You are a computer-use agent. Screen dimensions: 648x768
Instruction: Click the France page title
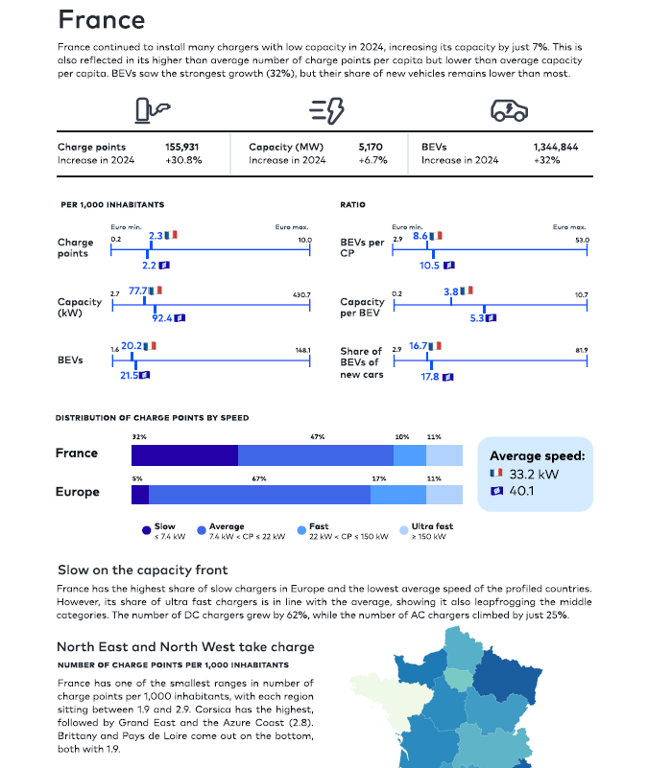tap(102, 20)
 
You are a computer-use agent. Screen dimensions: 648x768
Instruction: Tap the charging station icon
tap(152, 110)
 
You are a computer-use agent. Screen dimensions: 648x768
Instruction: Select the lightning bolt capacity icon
tap(326, 110)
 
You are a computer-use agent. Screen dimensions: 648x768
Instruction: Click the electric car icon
tap(509, 110)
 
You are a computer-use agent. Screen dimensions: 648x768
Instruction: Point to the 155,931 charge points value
tap(182, 147)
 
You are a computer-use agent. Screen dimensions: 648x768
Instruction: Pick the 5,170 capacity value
tap(371, 147)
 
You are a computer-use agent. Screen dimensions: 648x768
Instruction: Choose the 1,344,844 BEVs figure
tap(556, 147)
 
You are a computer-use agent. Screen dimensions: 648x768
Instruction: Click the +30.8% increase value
tap(183, 160)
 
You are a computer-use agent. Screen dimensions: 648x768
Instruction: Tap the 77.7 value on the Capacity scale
tap(138, 291)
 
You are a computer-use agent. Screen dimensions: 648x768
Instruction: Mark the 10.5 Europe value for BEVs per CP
tap(429, 266)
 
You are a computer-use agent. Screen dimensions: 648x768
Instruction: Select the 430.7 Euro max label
tap(301, 295)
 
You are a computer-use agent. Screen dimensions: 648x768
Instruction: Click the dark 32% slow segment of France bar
tap(185, 455)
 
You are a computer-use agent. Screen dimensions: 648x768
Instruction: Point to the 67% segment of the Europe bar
tap(259, 495)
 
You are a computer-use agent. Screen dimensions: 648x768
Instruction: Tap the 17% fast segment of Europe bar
tap(398, 495)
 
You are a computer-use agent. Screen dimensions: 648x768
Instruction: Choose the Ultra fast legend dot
tap(404, 530)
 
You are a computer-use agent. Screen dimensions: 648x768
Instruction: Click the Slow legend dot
tap(146, 530)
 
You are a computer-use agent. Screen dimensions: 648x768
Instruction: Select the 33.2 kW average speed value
tap(534, 474)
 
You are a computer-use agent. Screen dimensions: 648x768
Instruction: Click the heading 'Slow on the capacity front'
tap(143, 570)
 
